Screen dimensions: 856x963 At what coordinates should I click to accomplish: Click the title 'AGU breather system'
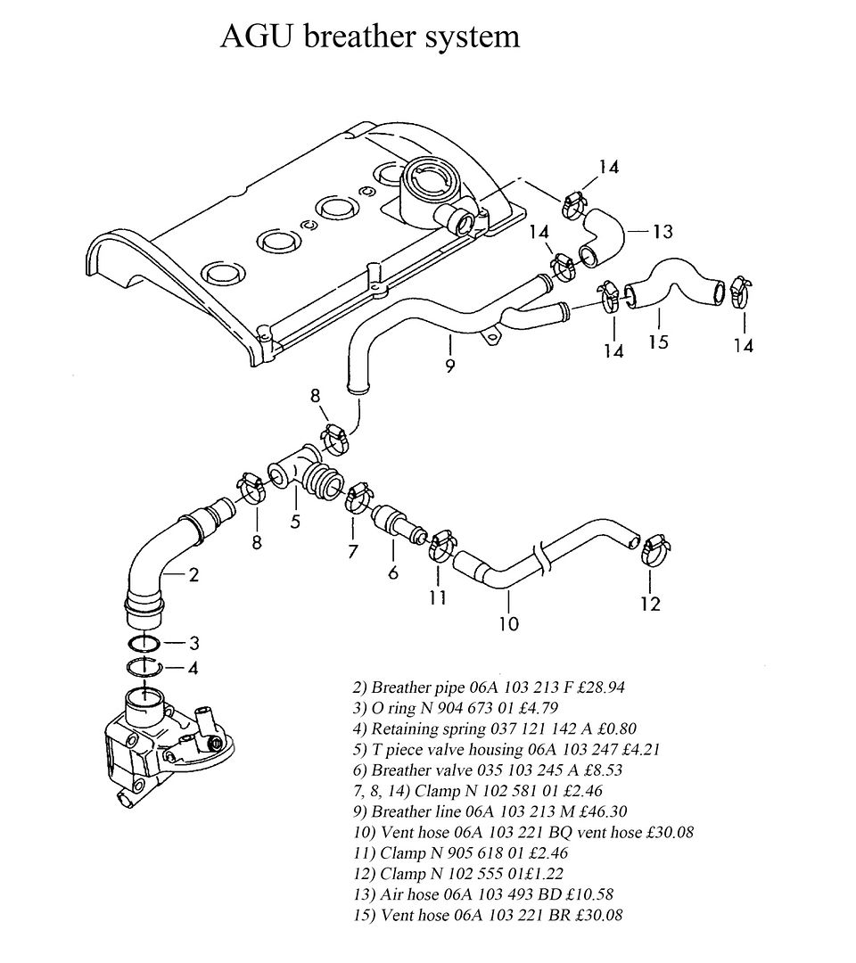(370, 37)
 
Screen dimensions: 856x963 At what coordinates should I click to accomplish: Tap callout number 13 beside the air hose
(663, 232)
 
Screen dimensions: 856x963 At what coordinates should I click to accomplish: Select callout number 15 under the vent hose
(658, 341)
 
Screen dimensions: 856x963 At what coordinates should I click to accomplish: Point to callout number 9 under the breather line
(450, 366)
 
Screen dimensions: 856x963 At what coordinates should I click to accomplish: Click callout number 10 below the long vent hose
(509, 624)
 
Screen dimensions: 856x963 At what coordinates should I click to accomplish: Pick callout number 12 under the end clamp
(650, 605)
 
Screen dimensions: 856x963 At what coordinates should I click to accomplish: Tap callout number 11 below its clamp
(437, 597)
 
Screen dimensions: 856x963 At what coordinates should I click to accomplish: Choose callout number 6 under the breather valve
(393, 572)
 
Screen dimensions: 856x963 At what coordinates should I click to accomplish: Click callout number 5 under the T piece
(295, 522)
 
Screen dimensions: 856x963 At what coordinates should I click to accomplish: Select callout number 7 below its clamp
(352, 552)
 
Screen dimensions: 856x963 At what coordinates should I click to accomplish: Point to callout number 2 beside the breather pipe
(193, 575)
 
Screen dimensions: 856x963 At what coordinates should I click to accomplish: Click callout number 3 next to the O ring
(193, 643)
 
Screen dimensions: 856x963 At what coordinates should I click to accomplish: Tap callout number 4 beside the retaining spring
(193, 668)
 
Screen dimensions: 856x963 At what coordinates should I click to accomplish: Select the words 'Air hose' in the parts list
(407, 894)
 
